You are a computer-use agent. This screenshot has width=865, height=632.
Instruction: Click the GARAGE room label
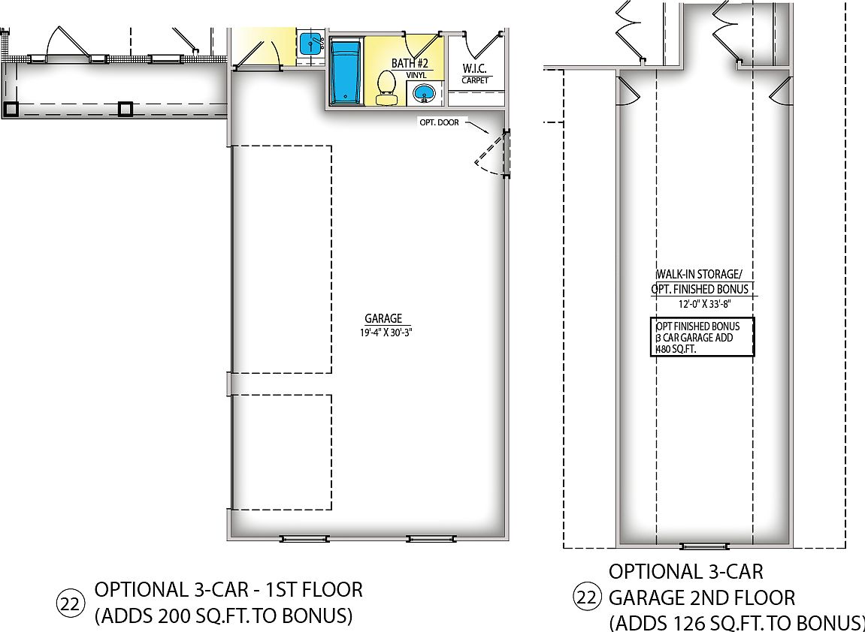point(383,318)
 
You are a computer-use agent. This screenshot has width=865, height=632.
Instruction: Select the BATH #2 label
point(410,64)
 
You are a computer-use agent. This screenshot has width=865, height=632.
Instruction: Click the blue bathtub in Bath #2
point(346,72)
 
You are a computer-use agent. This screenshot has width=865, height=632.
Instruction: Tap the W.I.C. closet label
point(475,69)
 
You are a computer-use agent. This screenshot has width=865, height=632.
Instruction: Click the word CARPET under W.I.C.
point(475,80)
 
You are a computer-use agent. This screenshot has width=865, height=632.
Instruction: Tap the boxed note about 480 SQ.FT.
point(701,337)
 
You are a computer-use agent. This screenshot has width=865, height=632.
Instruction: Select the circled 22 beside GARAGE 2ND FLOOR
point(587,597)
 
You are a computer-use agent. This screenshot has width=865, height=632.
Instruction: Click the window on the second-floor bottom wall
point(704,546)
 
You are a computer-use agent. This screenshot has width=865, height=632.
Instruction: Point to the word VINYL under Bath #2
point(416,76)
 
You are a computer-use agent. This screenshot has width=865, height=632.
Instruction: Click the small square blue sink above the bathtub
point(309,44)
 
